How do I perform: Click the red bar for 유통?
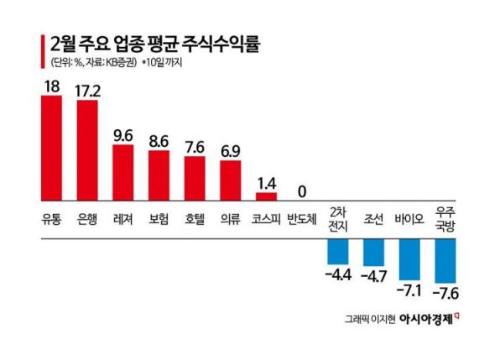[x=51, y=149]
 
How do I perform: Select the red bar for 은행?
[x=87, y=151]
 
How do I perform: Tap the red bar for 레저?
[x=123, y=173]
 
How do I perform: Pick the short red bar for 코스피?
[x=266, y=197]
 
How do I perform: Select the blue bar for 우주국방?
[x=444, y=260]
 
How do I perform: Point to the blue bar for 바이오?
[x=409, y=258]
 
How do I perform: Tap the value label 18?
[x=51, y=84]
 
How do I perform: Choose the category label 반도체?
[x=301, y=220]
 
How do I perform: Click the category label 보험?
[x=159, y=220]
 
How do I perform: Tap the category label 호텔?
[x=195, y=220]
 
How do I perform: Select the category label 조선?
[x=373, y=220]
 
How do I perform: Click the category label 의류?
[x=231, y=220]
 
